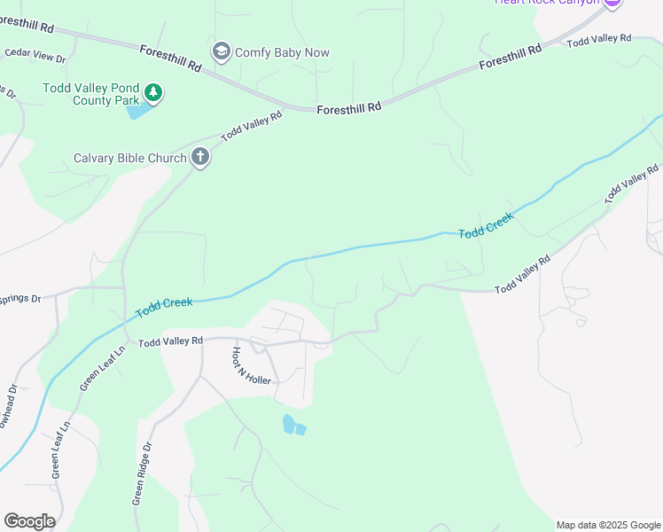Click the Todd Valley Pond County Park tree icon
(x=153, y=92)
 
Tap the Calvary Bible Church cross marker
(x=200, y=159)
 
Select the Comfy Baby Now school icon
(x=221, y=52)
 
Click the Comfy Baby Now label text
(x=282, y=52)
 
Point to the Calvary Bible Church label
(x=130, y=159)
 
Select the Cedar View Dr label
(x=35, y=55)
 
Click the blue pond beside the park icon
(x=137, y=111)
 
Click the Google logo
(x=29, y=521)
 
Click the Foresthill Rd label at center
(x=348, y=106)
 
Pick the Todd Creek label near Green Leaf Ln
(x=164, y=307)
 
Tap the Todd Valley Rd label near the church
(x=252, y=125)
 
